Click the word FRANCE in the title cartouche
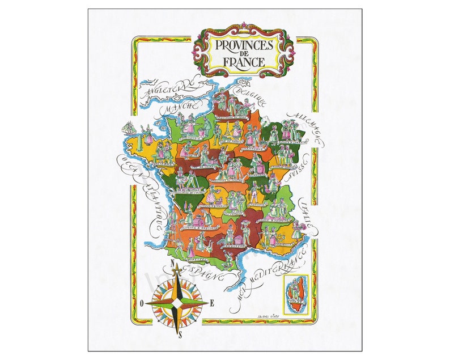point(244,61)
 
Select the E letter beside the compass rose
point(212,302)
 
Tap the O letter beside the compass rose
point(141,304)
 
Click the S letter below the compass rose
point(180,335)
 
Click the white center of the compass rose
point(177,302)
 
